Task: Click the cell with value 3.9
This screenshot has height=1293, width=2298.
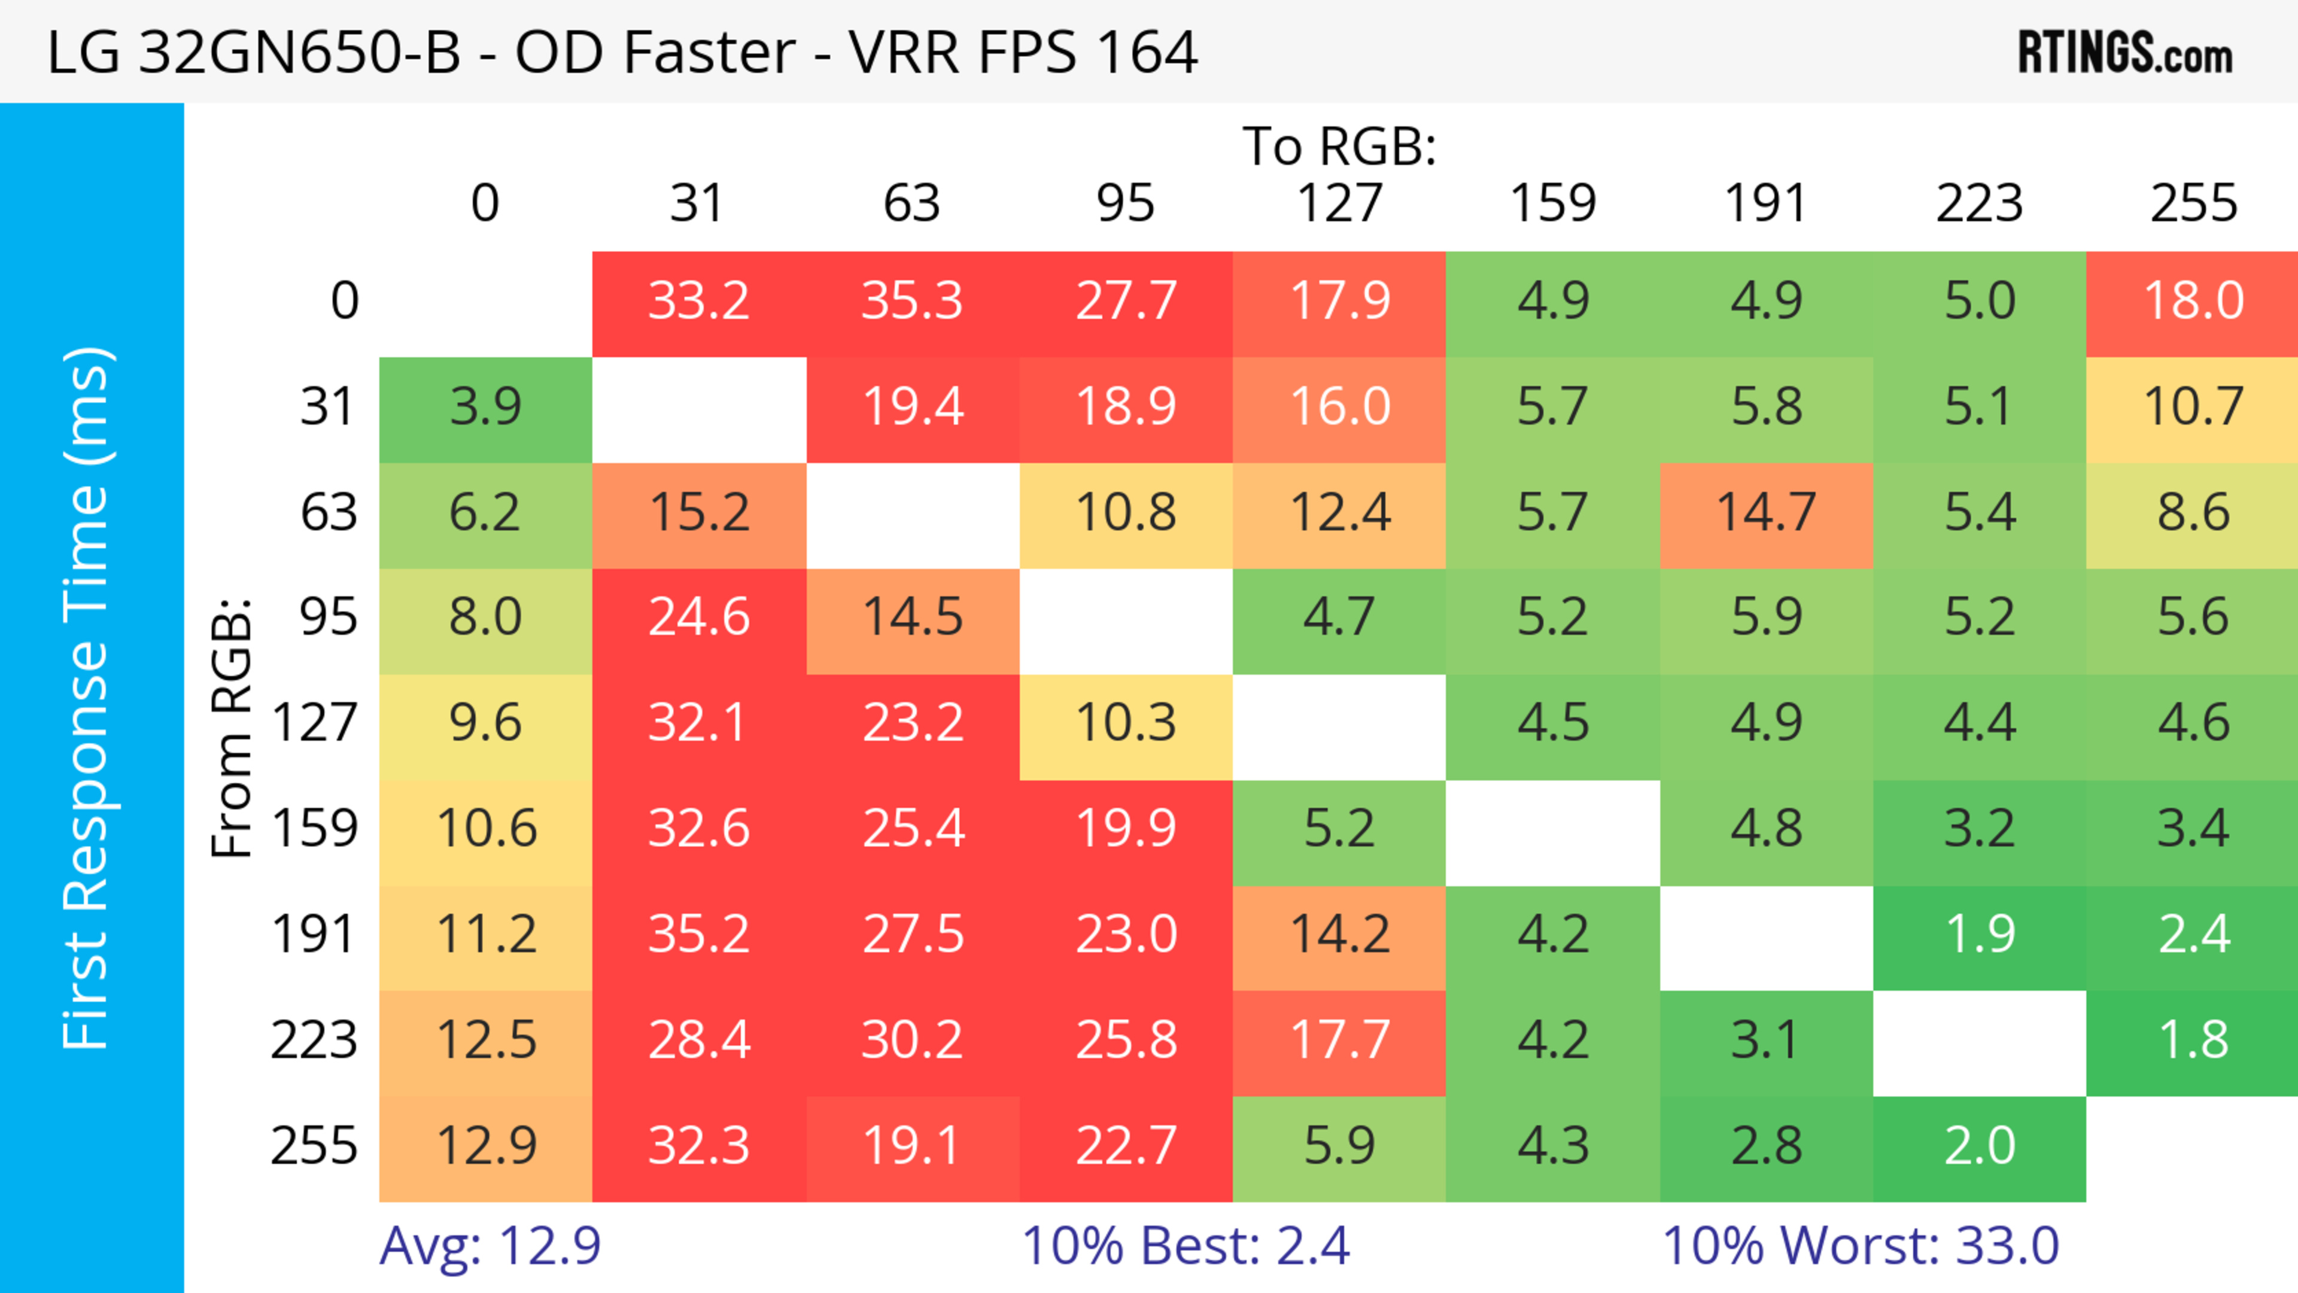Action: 485,407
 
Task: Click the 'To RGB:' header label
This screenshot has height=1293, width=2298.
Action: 1339,146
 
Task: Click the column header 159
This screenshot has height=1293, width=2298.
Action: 1552,203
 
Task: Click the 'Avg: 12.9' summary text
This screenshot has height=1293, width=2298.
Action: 490,1246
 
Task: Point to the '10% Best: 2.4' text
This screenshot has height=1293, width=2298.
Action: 1185,1246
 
